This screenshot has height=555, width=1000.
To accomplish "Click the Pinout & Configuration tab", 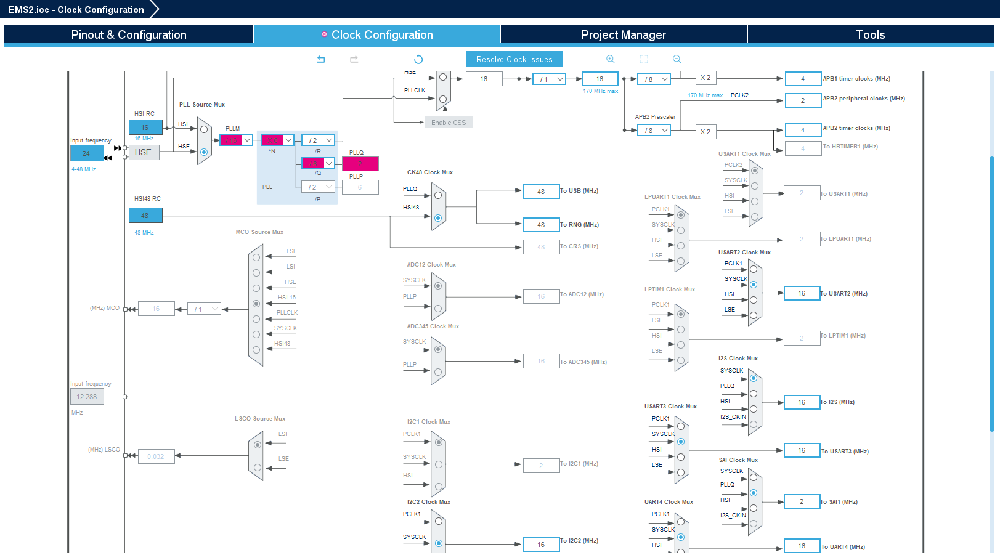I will click(x=128, y=34).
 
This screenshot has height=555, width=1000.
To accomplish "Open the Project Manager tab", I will click(x=624, y=34).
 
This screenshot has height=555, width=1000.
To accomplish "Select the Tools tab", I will click(x=870, y=34).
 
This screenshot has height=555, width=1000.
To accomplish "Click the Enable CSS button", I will click(x=449, y=123).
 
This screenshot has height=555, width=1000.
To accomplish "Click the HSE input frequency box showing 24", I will click(x=86, y=153).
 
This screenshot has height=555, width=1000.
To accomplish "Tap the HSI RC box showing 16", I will click(x=145, y=128).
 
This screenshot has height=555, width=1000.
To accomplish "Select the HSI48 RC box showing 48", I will click(x=145, y=216).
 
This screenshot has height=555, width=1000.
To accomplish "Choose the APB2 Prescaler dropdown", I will click(x=654, y=131).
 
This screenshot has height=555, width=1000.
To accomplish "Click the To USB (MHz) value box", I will click(x=540, y=192).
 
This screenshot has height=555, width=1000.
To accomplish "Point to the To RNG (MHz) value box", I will click(x=540, y=225).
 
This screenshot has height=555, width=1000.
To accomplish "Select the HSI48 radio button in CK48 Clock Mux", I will click(x=438, y=218).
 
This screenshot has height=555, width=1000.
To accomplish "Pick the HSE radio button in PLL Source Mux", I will click(x=204, y=152).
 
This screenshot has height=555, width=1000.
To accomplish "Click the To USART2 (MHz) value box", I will click(x=801, y=293).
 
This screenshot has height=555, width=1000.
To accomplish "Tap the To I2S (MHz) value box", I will click(x=801, y=402).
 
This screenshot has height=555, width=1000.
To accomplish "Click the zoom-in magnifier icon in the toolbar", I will click(x=610, y=59).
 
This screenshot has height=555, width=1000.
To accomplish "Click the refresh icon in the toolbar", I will click(x=418, y=59).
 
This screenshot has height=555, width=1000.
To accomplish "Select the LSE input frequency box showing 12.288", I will click(x=87, y=397).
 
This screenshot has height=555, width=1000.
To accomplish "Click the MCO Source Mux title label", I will click(x=259, y=232).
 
